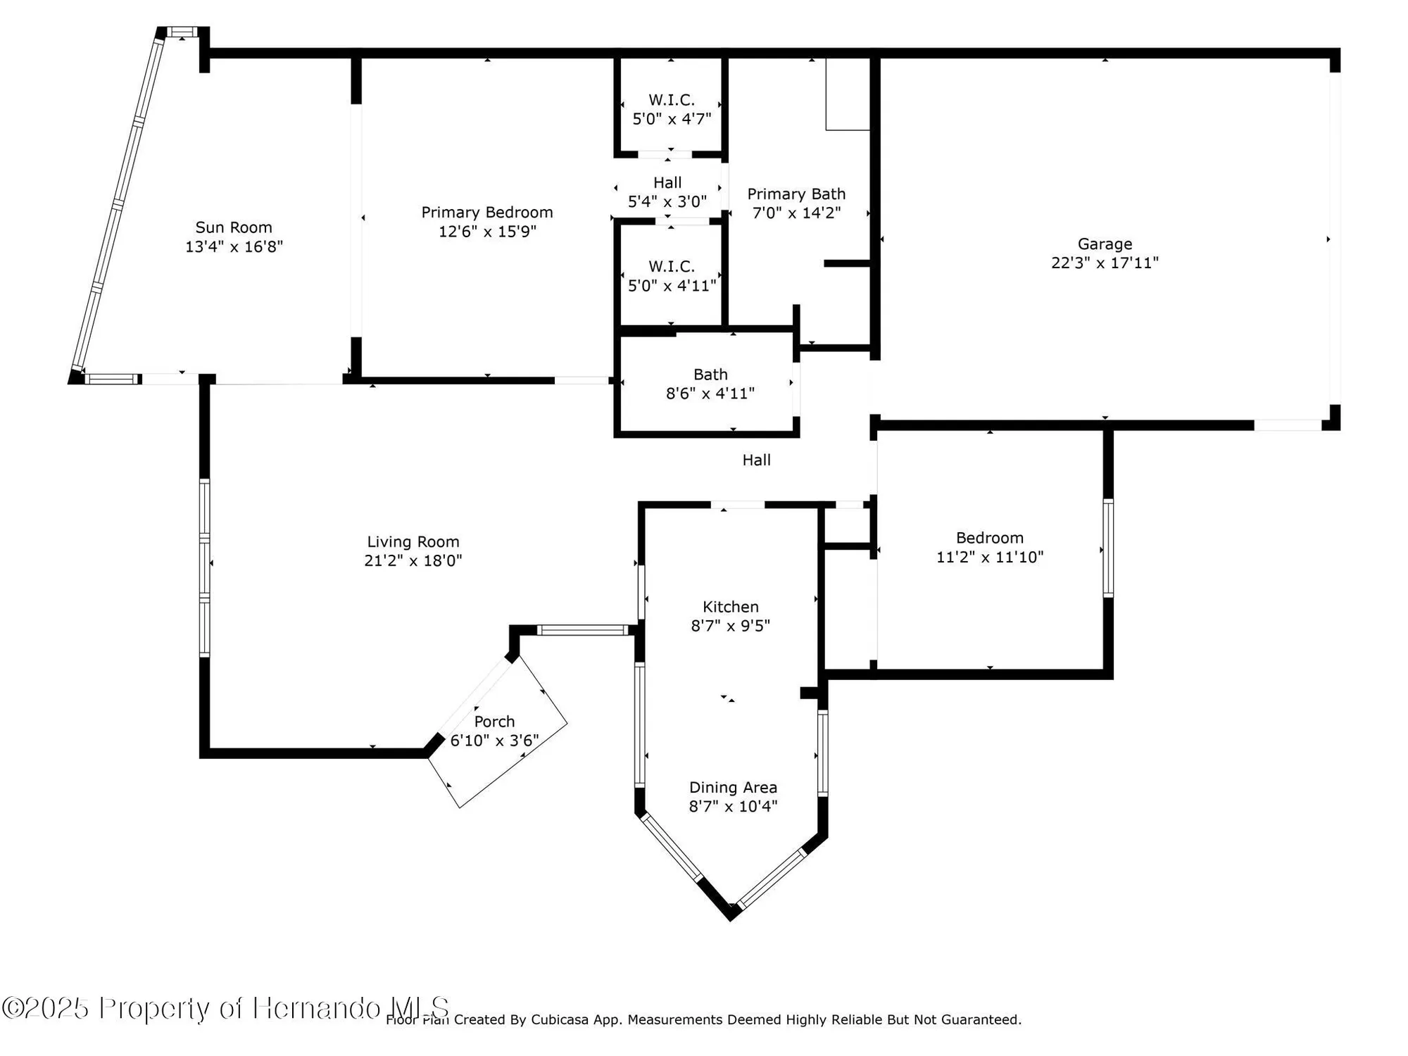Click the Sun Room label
click(234, 227)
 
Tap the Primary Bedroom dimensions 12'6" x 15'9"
click(487, 232)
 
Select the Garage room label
click(1105, 244)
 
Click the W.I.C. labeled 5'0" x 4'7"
click(672, 109)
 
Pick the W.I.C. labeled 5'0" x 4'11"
click(672, 276)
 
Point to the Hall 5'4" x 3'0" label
click(667, 192)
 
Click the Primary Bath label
click(796, 194)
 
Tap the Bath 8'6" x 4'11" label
click(710, 384)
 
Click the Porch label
click(494, 722)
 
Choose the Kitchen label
click(731, 607)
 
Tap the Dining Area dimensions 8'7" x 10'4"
click(733, 807)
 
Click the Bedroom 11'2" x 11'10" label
click(989, 547)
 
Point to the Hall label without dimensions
click(756, 460)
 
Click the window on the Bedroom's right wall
click(1107, 548)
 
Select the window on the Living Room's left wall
click(204, 567)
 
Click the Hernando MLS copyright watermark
click(225, 1008)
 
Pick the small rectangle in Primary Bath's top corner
click(848, 94)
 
